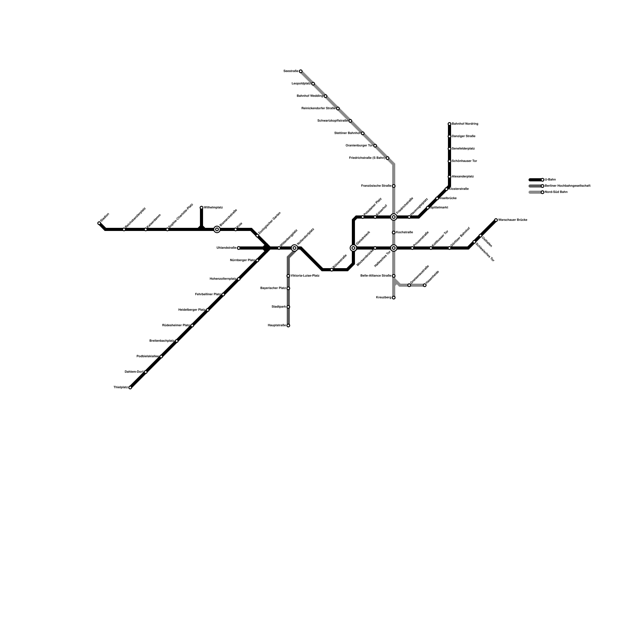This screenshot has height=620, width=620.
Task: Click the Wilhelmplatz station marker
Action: [x=201, y=208]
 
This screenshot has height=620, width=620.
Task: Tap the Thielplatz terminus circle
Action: [x=130, y=387]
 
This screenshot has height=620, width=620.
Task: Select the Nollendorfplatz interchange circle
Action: [x=294, y=248]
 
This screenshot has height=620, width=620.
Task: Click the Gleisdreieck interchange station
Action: [x=353, y=248]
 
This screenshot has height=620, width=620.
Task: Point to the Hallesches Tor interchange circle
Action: [x=394, y=248]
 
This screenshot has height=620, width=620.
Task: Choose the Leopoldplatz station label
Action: [x=301, y=84]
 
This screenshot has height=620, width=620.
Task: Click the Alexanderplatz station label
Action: [x=463, y=177]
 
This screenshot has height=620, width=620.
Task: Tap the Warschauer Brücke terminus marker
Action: [x=496, y=220]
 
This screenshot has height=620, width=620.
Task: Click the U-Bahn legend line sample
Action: [x=536, y=180]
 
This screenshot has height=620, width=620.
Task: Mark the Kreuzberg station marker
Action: [x=394, y=298]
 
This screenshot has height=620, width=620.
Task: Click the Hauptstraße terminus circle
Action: [x=288, y=325]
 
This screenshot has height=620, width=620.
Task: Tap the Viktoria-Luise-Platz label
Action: [x=305, y=276]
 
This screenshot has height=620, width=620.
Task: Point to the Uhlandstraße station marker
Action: [x=239, y=248]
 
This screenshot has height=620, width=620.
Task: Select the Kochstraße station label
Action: [x=405, y=232]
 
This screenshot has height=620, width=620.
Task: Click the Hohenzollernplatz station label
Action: [x=223, y=279]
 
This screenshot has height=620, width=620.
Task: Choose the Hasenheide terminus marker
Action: [x=425, y=285]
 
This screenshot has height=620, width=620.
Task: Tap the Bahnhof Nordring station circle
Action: [x=449, y=124]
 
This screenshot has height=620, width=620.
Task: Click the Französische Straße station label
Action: [x=376, y=186]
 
